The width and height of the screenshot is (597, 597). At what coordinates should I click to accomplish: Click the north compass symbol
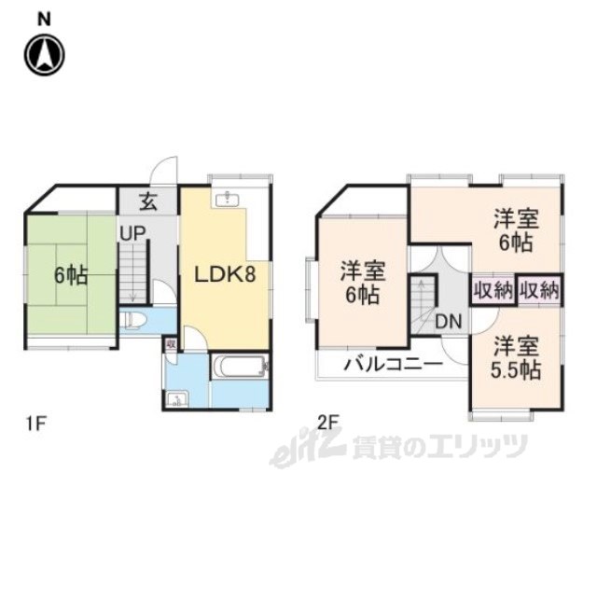45,55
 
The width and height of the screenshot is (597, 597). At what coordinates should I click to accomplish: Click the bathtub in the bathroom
240,368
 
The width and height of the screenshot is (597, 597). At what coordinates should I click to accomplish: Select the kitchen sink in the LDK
227,199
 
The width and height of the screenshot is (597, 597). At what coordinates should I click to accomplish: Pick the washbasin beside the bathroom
176,399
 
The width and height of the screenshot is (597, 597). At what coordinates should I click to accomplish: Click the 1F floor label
35,423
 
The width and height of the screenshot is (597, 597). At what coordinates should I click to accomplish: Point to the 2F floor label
328,423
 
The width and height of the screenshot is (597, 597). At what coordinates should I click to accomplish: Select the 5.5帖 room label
516,357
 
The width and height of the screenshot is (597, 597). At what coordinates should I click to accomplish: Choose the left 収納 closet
493,289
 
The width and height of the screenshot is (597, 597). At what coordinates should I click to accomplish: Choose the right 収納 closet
539,289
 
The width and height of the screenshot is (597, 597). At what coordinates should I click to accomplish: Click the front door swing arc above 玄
165,169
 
